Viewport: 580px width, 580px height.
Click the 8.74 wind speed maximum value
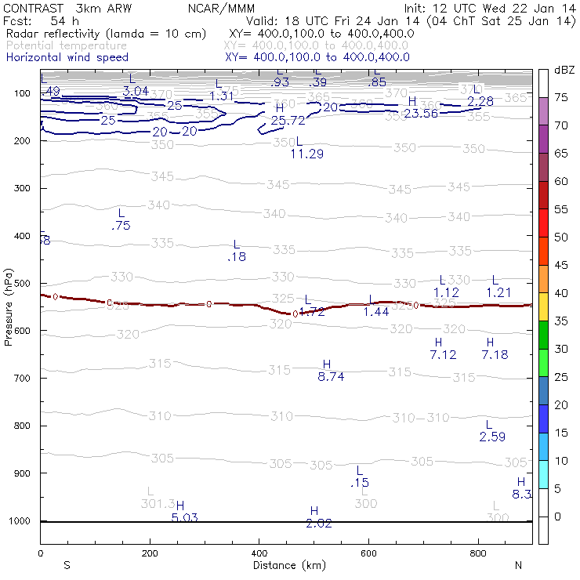331,377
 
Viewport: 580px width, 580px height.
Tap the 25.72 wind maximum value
288,121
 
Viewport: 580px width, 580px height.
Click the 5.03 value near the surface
184,517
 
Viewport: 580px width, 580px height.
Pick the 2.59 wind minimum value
492,437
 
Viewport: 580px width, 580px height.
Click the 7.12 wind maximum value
443,355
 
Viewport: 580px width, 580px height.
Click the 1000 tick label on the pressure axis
20,520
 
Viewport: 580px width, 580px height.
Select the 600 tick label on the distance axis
478,553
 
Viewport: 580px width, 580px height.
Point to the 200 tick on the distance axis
149,553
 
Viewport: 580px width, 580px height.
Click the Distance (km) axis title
286,565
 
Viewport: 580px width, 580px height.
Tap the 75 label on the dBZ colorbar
562,98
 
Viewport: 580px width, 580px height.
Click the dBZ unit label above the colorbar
563,70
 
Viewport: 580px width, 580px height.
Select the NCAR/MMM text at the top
221,8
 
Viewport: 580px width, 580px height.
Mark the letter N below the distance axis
518,565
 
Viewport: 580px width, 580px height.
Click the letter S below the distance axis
67,565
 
